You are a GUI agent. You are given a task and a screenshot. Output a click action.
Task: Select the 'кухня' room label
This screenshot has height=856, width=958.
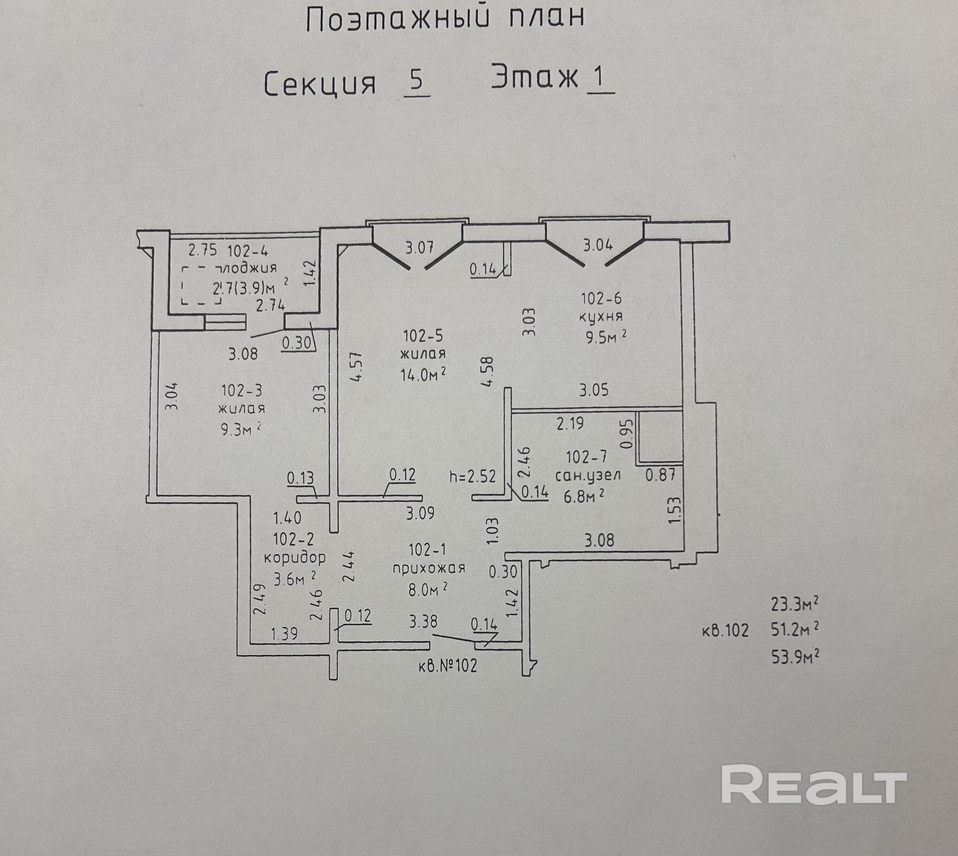click(601, 317)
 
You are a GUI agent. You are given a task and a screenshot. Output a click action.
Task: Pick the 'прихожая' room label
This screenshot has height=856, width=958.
click(429, 568)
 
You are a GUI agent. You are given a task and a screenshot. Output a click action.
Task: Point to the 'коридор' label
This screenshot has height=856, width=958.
click(295, 558)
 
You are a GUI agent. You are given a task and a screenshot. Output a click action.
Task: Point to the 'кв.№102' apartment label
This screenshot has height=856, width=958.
click(447, 666)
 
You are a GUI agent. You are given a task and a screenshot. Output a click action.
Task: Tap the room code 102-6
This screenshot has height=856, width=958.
click(601, 298)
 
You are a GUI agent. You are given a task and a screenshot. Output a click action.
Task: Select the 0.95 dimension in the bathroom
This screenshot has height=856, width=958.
click(626, 433)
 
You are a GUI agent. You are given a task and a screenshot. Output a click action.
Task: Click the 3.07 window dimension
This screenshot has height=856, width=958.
click(419, 247)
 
